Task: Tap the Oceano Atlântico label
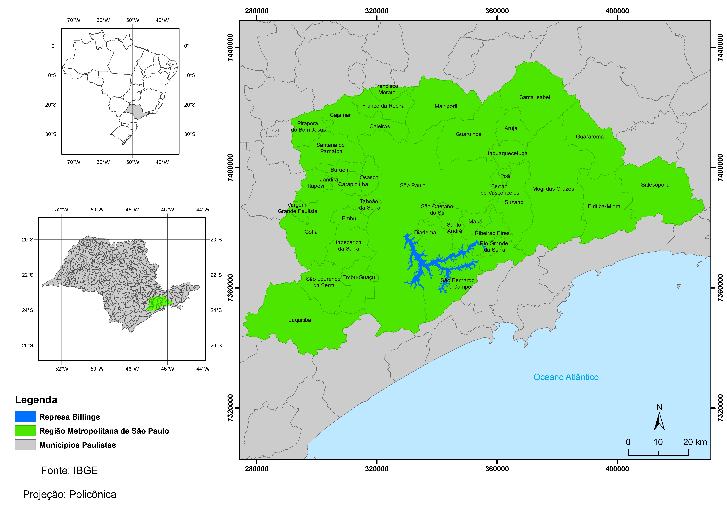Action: coord(566,377)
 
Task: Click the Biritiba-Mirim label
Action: coord(604,206)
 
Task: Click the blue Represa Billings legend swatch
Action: coord(25,416)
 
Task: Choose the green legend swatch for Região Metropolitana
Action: coord(25,431)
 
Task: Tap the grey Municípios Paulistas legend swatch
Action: coord(25,445)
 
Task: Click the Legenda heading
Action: coord(36,400)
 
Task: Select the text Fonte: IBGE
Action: coord(69,471)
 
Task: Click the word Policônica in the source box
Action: coord(93,494)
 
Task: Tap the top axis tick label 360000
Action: coord(497,11)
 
